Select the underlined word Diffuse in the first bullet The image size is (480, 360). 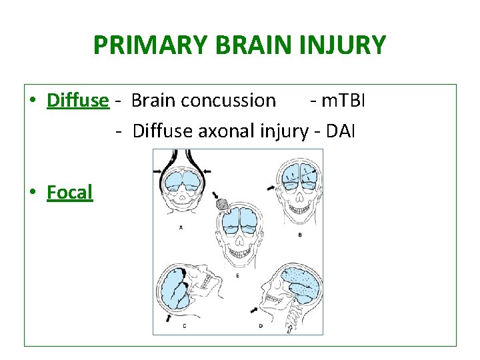(77, 100)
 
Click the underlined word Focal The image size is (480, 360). (69, 193)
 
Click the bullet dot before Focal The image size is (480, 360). (33, 193)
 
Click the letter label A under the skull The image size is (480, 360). (181, 227)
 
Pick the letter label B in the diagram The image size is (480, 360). (300, 234)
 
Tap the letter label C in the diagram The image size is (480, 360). (184, 325)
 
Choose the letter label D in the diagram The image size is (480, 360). (261, 325)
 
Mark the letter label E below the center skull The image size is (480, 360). (238, 275)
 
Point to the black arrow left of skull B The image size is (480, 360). (270, 189)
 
